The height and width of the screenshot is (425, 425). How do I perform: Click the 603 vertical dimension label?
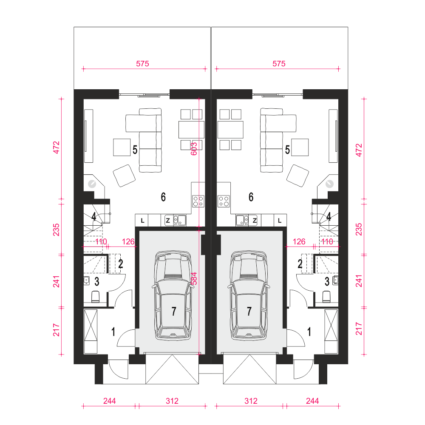point(194,149)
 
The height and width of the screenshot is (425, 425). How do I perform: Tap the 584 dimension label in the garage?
point(194,279)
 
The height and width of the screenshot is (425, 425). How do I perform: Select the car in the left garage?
point(173,295)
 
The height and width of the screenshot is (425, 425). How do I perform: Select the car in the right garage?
point(249,295)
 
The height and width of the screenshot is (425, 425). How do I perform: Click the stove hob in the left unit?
point(198,201)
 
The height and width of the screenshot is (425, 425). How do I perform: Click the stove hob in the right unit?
point(224,201)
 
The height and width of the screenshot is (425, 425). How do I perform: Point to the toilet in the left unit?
point(96,297)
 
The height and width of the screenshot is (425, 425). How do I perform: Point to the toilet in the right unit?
point(326,297)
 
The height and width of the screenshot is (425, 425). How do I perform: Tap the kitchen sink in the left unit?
point(179,220)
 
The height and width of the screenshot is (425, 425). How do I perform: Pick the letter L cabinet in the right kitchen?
point(280,221)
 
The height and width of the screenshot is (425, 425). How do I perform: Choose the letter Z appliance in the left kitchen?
point(168,221)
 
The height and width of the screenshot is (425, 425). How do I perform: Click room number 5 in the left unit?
point(135,150)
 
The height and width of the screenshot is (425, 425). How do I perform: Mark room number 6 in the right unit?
point(251,197)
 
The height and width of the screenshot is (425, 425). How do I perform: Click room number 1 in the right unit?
point(309,332)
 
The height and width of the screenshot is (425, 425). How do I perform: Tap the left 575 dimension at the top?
point(142,64)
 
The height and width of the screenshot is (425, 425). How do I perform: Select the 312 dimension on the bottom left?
point(172,401)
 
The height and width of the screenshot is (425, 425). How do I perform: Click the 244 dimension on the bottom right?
point(312,401)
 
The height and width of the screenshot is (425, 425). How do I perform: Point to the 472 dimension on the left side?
point(56,147)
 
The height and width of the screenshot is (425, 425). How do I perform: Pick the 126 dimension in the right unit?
point(299,241)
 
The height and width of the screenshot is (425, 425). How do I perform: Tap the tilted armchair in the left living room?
point(124,176)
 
